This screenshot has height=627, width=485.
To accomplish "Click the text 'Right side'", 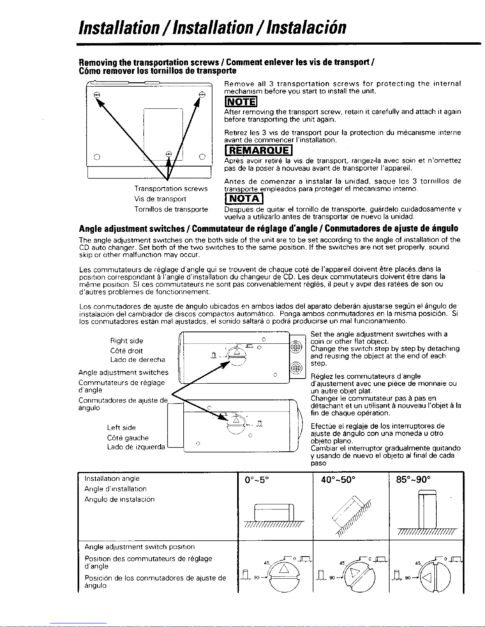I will tap(127, 341).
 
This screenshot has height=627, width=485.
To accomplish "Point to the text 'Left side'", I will tap(121, 428).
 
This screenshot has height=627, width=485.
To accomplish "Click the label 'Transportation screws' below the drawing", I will tap(171, 189).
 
